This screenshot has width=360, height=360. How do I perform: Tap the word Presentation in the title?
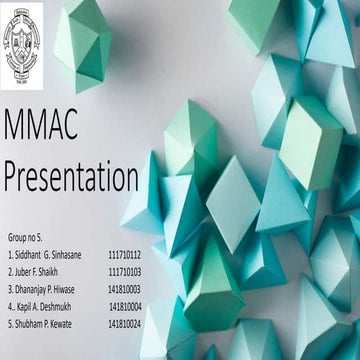[71, 177]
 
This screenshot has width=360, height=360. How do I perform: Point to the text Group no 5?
[25, 240]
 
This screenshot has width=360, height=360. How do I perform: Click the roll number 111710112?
[125, 256]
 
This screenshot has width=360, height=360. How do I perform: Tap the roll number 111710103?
[125, 272]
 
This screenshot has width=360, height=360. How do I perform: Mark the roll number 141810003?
[125, 289]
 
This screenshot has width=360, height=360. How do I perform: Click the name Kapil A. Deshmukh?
[46, 306]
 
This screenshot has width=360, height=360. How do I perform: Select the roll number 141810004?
[125, 306]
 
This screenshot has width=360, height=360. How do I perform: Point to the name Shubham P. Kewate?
[44, 323]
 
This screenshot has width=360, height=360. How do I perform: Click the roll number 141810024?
[125, 323]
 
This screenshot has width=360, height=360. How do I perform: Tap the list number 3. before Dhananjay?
[9, 289]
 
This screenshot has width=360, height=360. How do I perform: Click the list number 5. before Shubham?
[9, 323]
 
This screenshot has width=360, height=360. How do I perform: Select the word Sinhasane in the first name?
[70, 256]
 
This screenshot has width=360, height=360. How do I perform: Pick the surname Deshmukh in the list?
[63, 306]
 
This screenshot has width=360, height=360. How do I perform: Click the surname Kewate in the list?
[64, 323]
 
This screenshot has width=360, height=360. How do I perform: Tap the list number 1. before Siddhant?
[9, 256]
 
